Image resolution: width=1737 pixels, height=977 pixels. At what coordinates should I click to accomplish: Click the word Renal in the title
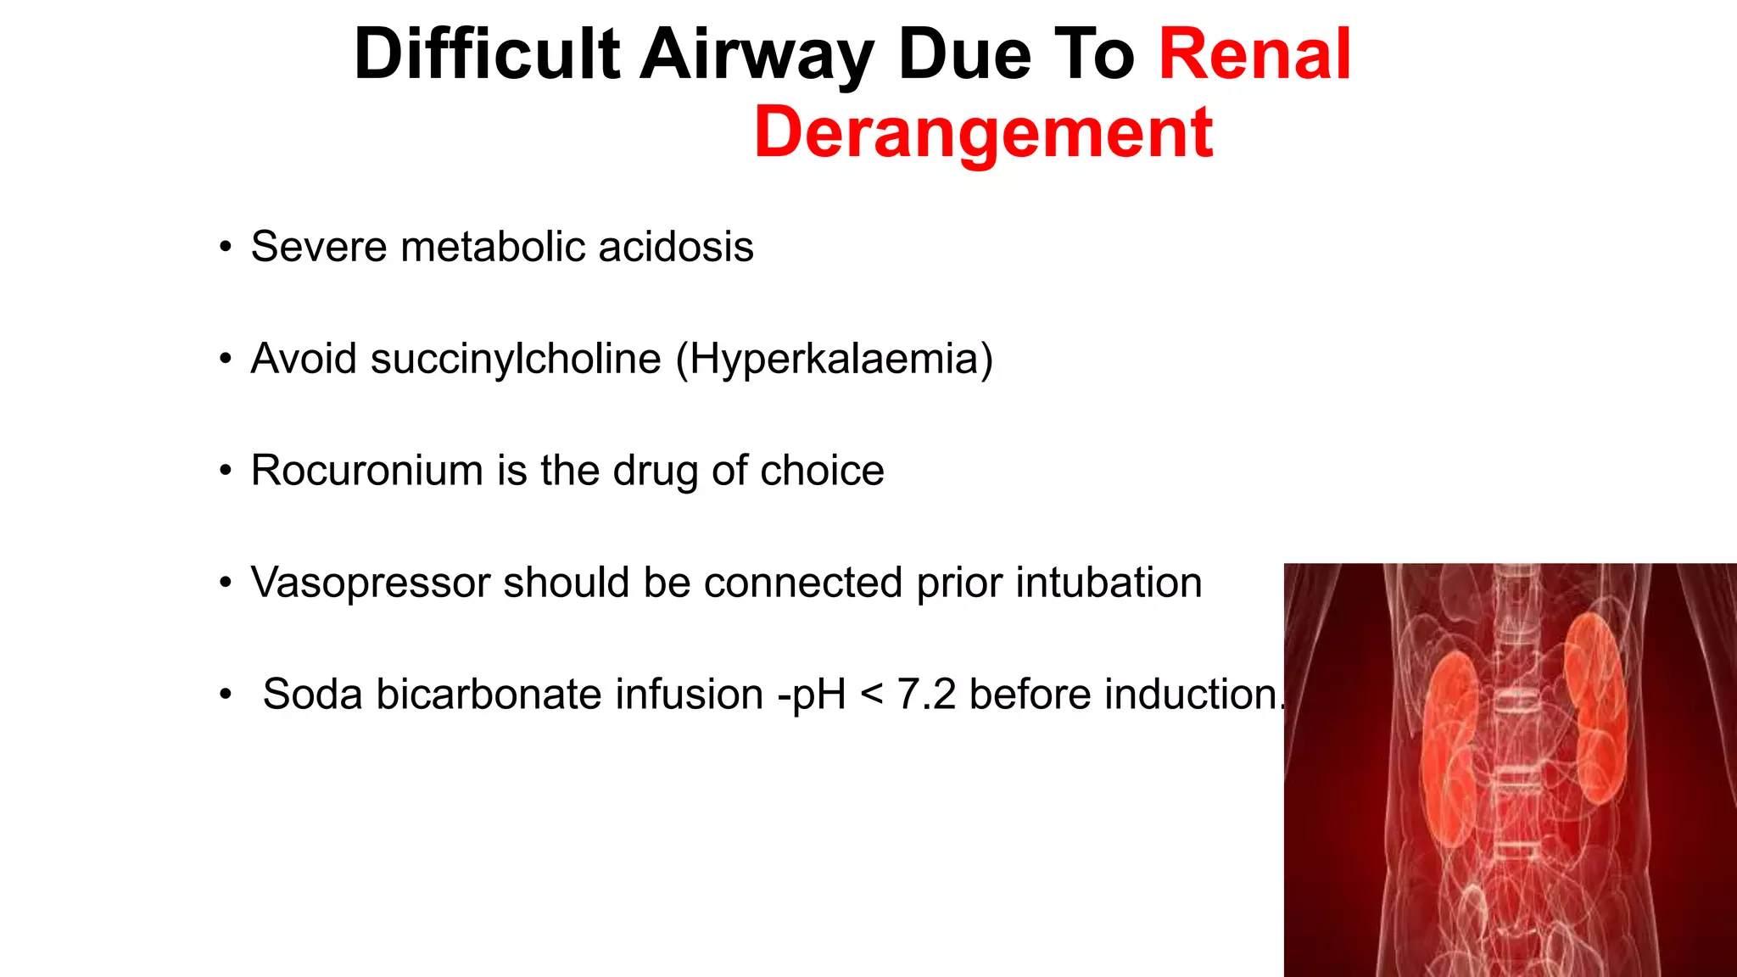point(1254,54)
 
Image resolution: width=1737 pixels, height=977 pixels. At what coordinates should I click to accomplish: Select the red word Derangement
point(983,132)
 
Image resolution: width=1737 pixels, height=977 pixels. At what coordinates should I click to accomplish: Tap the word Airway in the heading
point(757,54)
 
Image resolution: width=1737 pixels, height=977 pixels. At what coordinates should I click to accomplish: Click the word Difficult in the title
point(487,54)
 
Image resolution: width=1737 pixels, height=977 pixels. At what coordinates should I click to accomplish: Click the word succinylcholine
point(516,359)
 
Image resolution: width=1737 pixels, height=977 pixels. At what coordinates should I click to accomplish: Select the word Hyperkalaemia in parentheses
point(835,359)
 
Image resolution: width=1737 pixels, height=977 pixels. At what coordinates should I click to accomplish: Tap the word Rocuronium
point(366,471)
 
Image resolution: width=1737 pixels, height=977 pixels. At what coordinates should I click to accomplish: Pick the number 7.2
point(926,695)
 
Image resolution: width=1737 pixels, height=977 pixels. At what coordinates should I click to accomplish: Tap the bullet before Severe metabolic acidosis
point(225,248)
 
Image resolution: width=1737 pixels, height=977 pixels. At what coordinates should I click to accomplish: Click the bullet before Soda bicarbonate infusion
point(225,695)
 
